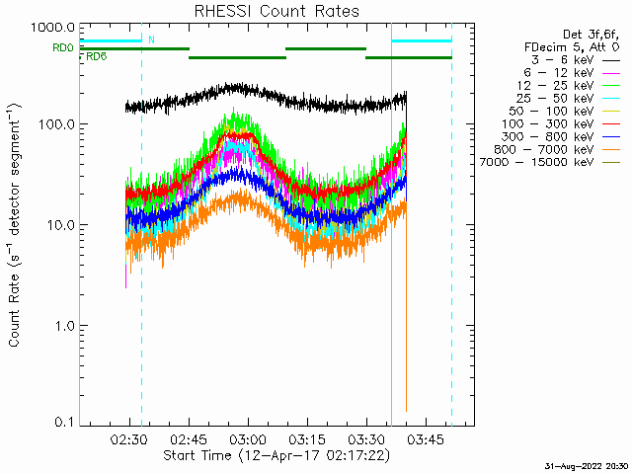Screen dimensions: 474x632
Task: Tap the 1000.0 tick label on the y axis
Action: (50, 27)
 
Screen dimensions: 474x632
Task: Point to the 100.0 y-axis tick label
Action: (54, 125)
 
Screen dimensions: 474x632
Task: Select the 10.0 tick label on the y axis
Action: (57, 225)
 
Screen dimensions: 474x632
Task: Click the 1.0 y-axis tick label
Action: (61, 325)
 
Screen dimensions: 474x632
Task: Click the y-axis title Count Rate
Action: (15, 227)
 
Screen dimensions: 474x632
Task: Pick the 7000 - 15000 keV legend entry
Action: (533, 162)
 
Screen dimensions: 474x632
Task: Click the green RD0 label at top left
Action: (62, 47)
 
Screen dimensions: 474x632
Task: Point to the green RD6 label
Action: (97, 57)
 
